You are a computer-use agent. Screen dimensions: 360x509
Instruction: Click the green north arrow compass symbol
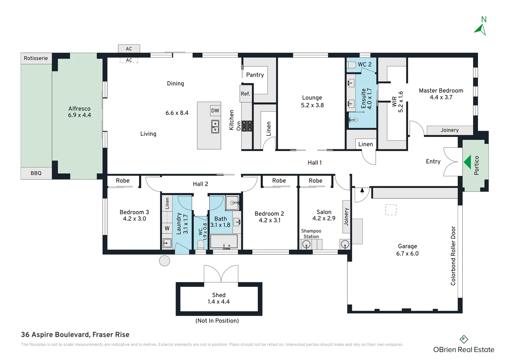(480, 29)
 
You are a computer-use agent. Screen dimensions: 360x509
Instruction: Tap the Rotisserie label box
(36, 58)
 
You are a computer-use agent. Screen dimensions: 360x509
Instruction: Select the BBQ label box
(36, 173)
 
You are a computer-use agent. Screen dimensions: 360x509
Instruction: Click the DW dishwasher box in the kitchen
(215, 111)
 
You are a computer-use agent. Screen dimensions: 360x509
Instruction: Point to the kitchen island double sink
(215, 127)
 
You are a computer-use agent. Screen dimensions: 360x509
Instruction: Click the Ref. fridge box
(246, 94)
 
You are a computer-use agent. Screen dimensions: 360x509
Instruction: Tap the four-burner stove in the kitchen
(247, 126)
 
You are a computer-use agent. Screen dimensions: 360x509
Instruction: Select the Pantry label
(255, 75)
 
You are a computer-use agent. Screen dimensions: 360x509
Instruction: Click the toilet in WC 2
(351, 65)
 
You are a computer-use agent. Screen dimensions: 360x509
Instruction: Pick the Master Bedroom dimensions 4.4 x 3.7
(441, 97)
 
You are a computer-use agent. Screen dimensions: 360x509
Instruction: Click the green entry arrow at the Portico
(468, 162)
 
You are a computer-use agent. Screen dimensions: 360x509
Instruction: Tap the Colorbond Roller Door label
(453, 256)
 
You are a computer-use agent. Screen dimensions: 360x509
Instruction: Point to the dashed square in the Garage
(391, 210)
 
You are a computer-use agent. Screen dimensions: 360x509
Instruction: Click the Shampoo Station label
(311, 234)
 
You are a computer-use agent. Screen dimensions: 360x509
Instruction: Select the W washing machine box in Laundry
(167, 228)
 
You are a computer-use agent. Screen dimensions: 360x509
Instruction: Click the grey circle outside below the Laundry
(165, 261)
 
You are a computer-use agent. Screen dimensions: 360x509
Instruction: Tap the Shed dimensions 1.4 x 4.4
(219, 302)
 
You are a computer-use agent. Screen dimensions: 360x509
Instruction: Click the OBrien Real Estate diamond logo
(464, 339)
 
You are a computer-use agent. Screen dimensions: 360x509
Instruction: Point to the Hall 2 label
(200, 184)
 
